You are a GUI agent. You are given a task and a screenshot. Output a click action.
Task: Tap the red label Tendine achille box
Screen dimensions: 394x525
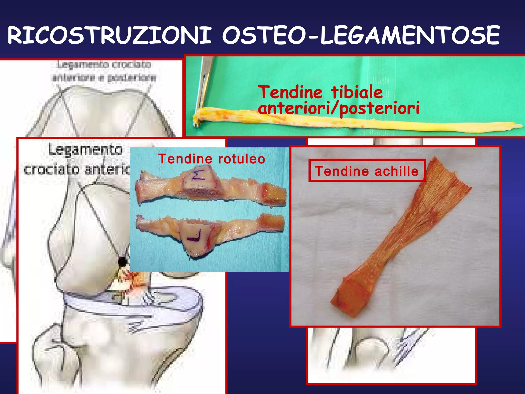pyautogui.click(x=367, y=171)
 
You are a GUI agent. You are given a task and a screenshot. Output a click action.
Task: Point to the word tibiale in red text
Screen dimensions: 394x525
pyautogui.click(x=357, y=92)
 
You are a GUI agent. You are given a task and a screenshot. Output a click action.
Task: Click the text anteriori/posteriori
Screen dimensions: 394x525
pyautogui.click(x=338, y=108)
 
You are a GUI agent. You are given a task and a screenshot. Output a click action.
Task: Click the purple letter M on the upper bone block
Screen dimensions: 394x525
pyautogui.click(x=198, y=174)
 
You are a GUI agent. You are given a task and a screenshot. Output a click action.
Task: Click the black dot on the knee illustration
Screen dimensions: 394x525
pyautogui.click(x=122, y=261)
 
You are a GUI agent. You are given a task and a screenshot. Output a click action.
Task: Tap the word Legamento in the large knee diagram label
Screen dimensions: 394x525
pyautogui.click(x=85, y=150)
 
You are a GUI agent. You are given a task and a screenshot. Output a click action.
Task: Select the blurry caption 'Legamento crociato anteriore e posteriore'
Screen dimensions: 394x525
pyautogui.click(x=104, y=71)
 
